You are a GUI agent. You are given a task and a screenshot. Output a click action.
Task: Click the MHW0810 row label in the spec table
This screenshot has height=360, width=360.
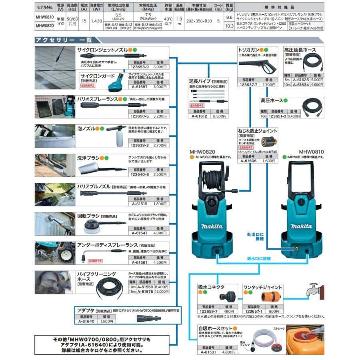[x=44, y=18]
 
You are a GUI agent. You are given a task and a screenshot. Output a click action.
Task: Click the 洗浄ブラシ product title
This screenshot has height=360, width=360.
[x=88, y=158]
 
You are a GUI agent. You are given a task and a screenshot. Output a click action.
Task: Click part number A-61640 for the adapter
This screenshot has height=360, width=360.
[x=86, y=321]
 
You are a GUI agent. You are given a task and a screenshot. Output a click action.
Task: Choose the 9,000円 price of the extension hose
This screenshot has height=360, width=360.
[x=316, y=84]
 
